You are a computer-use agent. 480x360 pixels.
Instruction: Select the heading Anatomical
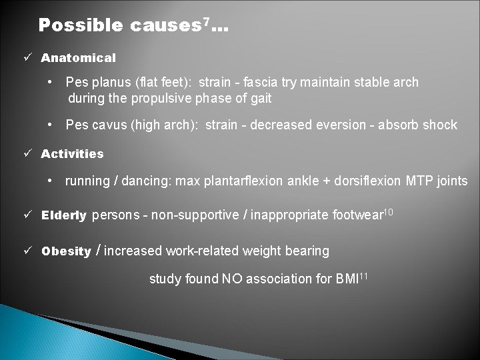pyautogui.click(x=78, y=58)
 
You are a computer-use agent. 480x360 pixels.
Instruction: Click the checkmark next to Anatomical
pyautogui.click(x=27, y=58)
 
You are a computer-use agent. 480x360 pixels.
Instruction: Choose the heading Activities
pyautogui.click(x=72, y=154)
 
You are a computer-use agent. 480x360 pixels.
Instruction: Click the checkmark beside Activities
pyautogui.click(x=27, y=154)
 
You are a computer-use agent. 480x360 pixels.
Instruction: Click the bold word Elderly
pyautogui.click(x=63, y=216)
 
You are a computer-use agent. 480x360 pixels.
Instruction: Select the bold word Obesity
pyautogui.click(x=66, y=252)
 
